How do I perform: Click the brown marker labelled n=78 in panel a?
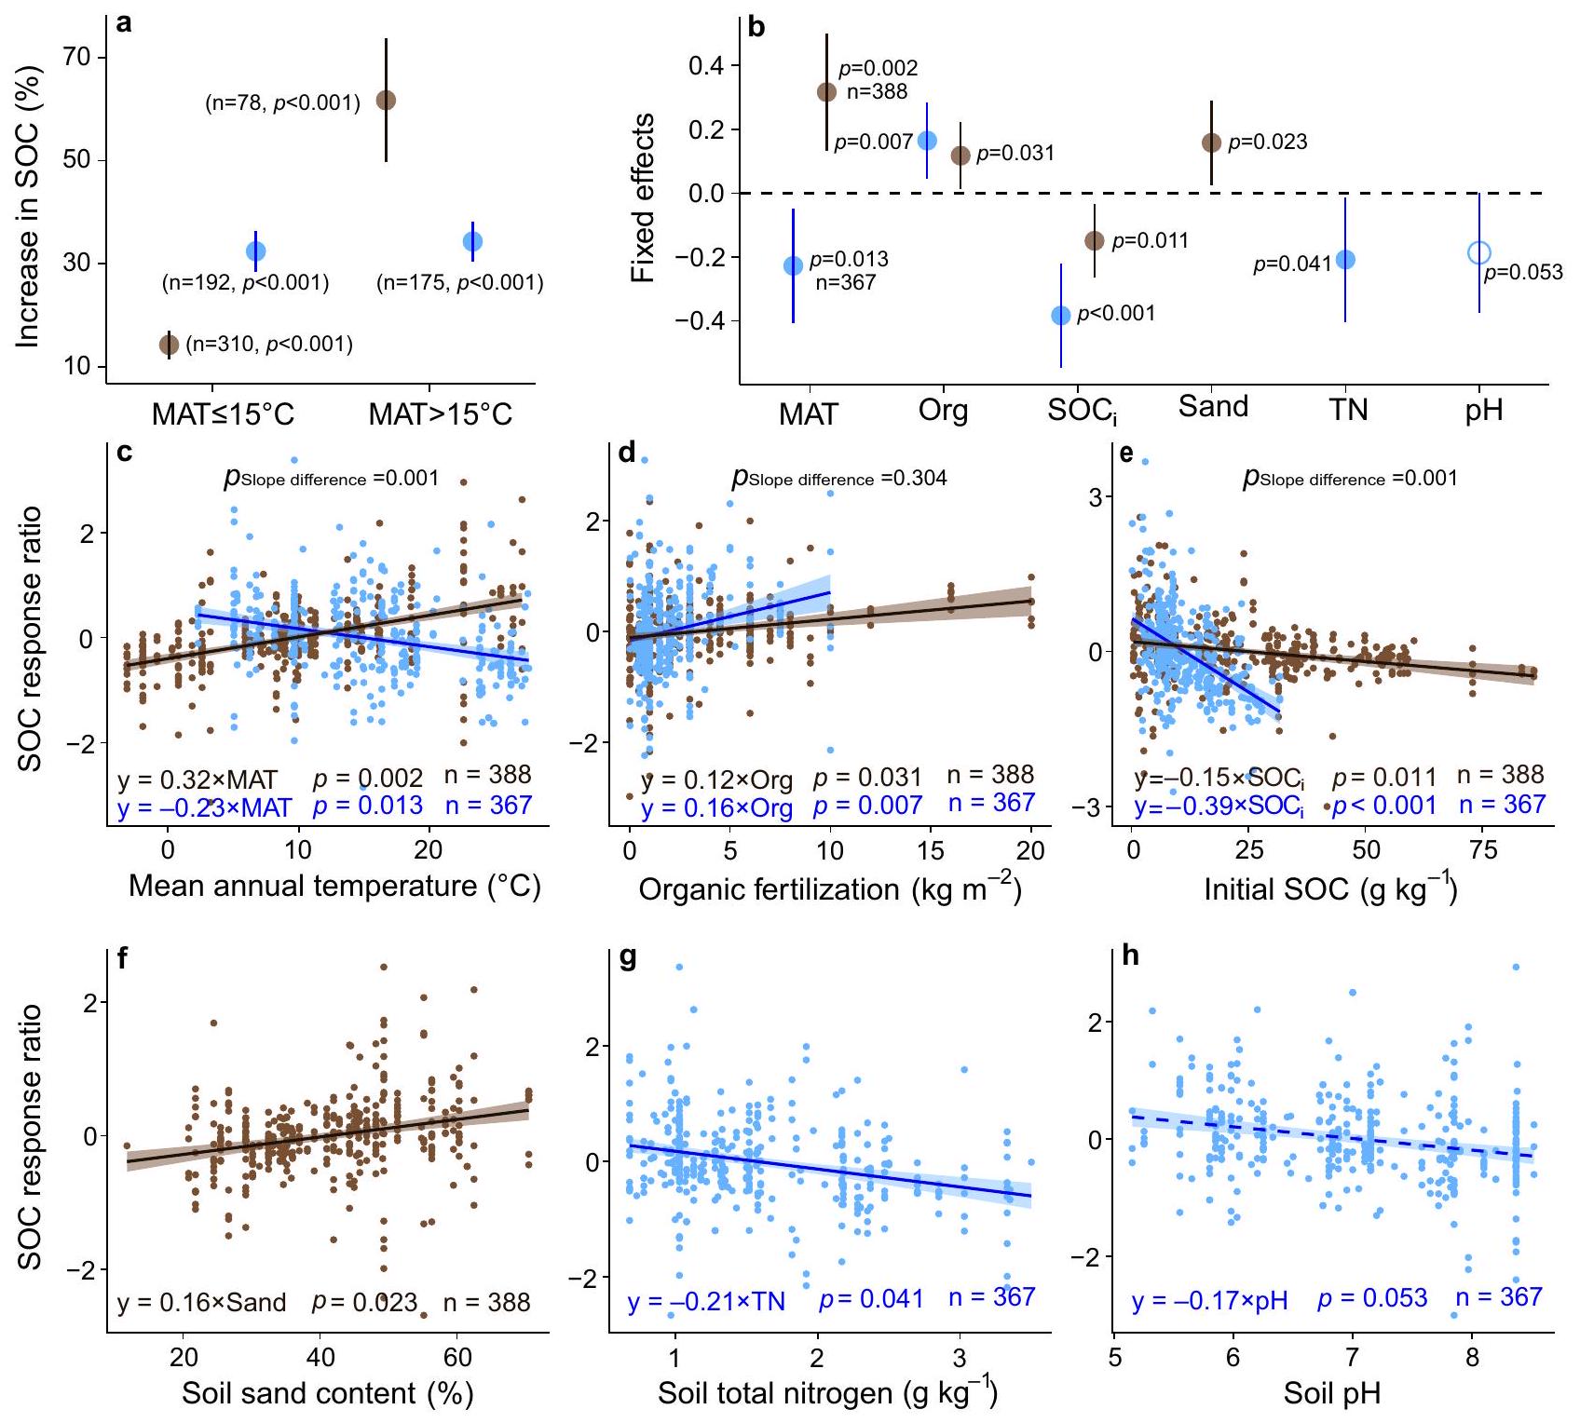pos(386,100)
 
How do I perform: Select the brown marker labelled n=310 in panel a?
pos(169,345)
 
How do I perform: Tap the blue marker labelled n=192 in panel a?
pos(255,251)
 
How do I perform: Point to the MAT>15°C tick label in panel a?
pos(440,413)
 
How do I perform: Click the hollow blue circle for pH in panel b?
pos(1478,252)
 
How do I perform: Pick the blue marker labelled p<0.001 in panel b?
pos(1060,316)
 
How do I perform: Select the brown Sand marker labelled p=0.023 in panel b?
pos(1211,142)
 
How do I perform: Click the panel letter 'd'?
pos(627,454)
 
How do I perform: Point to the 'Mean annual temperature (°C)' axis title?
pos(334,885)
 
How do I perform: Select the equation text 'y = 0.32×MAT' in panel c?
pos(197,778)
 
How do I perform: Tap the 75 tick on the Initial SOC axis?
pos(1482,849)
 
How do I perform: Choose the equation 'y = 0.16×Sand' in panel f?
pos(201,1302)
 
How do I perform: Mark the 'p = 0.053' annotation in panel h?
pos(1372,1298)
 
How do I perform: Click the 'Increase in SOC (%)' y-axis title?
pos(29,206)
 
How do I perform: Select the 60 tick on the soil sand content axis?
pos(457,1355)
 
